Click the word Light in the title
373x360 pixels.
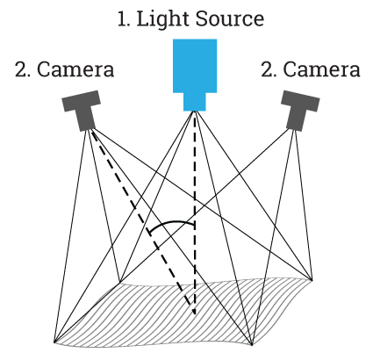tap(163, 19)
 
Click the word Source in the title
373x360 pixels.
tap(230, 19)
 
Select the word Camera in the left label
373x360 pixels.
tap(75, 69)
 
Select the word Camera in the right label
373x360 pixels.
tap(321, 69)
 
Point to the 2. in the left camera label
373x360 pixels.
tap(23, 69)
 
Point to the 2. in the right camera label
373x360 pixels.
tap(269, 69)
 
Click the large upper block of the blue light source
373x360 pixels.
tap(195, 66)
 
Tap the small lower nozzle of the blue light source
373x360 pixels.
tap(195, 102)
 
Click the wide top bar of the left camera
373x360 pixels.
tap(82, 101)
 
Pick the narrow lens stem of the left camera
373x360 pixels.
tap(86, 119)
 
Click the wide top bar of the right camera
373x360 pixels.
tap(300, 101)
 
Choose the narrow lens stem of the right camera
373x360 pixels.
tap(296, 119)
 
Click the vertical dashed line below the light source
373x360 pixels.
tap(195, 212)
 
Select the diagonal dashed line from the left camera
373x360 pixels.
tap(141, 217)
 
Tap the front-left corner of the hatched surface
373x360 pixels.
tap(54, 342)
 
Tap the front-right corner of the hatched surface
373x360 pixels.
tap(252, 345)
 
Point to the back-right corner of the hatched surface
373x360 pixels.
tap(312, 280)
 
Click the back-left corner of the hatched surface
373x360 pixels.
tap(119, 283)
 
